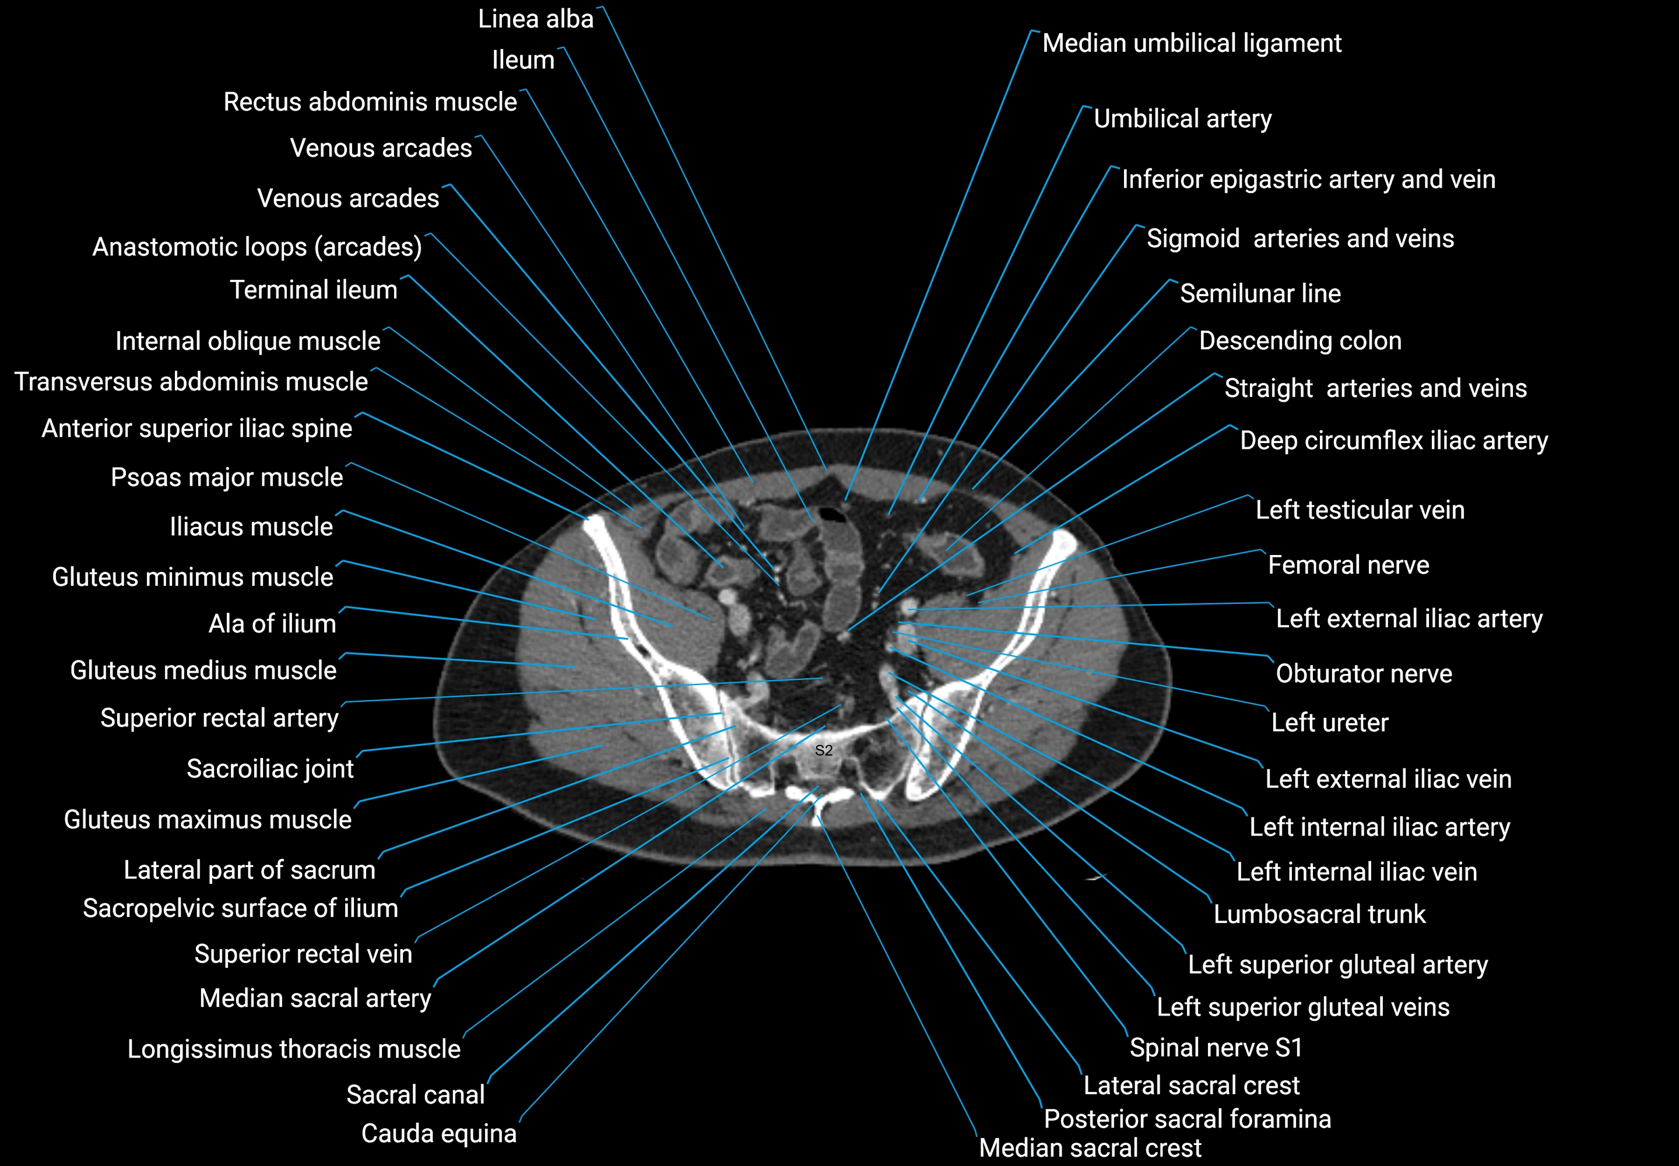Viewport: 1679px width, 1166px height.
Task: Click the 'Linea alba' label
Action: [536, 19]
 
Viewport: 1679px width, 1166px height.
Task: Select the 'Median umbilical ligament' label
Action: [1192, 43]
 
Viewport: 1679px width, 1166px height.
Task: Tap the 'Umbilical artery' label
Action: [1182, 118]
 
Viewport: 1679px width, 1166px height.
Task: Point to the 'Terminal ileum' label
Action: [314, 290]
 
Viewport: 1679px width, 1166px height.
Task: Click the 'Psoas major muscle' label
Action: [227, 477]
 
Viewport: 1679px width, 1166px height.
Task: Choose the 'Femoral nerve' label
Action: [1348, 565]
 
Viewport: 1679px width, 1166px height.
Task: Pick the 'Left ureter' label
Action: [1330, 722]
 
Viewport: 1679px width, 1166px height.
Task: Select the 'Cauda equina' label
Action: [438, 1133]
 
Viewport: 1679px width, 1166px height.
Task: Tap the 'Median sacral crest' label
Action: [1090, 1148]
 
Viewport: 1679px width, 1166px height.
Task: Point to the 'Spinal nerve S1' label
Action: [1216, 1048]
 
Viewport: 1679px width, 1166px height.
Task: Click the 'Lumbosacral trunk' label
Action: [1319, 914]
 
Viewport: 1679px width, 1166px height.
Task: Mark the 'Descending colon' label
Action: [1301, 340]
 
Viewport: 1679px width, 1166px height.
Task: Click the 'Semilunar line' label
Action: [1260, 294]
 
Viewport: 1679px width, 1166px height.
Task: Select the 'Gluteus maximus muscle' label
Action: [208, 820]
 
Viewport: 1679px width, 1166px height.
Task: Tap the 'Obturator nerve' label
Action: [1364, 673]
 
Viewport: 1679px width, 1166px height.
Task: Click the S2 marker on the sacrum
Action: [823, 750]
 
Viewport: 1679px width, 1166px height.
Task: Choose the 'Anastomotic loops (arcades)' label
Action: [257, 247]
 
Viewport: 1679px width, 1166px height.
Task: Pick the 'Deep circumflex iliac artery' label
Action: [1394, 441]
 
